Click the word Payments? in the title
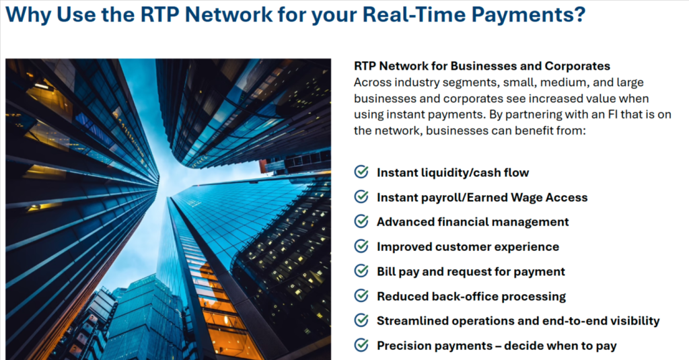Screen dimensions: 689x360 (529, 15)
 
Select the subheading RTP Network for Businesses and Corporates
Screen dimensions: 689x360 (482, 66)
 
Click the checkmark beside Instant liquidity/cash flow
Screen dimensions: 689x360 (361, 172)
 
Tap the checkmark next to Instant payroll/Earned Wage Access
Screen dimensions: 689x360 (361, 196)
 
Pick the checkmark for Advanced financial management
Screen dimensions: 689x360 (361, 221)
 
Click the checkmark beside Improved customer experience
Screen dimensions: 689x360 (361, 246)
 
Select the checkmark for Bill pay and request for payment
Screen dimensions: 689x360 (361, 271)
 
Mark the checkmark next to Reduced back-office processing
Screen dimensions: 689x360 (361, 295)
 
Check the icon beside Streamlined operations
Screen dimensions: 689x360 (361, 320)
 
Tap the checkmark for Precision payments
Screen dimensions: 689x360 (361, 345)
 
